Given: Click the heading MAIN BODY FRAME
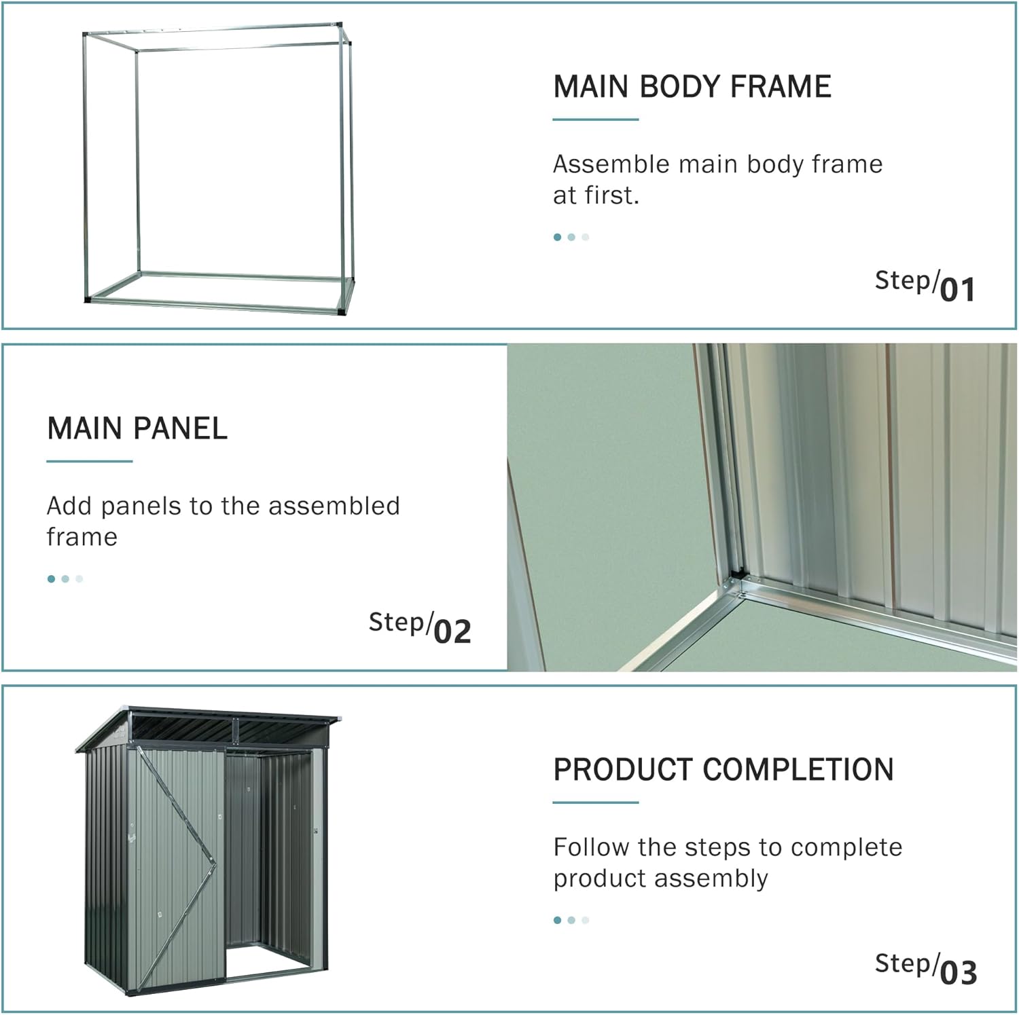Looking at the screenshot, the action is click(692, 87).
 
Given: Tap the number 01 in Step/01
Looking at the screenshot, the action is click(958, 289).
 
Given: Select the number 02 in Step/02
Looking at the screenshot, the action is click(452, 631).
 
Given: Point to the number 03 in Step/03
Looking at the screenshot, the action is click(959, 972).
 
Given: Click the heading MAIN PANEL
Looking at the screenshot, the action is click(137, 428).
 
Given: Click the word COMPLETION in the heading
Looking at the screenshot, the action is click(798, 770).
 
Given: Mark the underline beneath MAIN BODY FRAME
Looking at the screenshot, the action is click(595, 119).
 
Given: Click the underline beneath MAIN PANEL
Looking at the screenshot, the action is click(89, 461).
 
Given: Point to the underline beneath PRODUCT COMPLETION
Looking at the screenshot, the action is click(595, 802).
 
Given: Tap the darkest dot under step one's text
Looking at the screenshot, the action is click(558, 237).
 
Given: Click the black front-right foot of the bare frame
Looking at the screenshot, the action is click(341, 311).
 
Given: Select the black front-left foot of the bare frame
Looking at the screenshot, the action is click(88, 299).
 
